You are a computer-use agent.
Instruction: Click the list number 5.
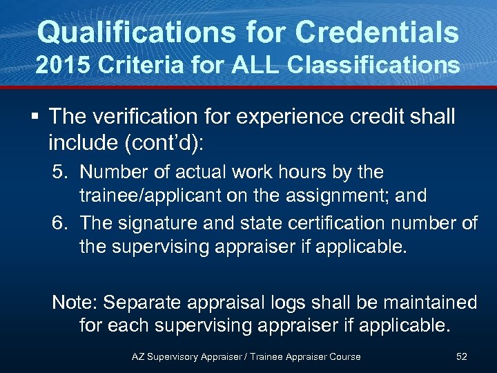coord(60,171)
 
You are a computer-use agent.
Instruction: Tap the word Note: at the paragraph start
coord(77,303)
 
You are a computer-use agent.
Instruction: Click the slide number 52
coord(462,356)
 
